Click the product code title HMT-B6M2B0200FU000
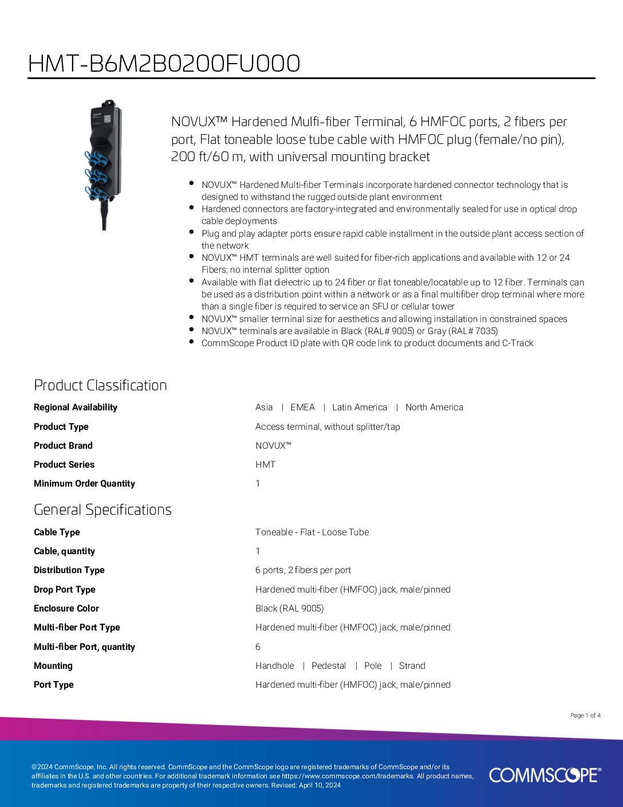click(164, 64)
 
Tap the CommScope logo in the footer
click(545, 775)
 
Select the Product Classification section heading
click(100, 385)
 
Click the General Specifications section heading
click(102, 510)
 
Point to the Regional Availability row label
click(75, 408)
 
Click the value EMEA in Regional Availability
click(302, 408)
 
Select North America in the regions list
click(434, 408)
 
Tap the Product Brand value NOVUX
click(273, 446)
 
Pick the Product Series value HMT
click(265, 465)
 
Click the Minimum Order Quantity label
click(84, 484)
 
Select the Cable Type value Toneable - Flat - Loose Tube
click(312, 532)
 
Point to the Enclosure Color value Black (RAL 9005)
click(289, 609)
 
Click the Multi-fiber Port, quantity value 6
click(258, 647)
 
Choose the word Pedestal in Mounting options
click(329, 666)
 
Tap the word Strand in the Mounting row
click(412, 666)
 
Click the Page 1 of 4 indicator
click(585, 715)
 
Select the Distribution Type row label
click(69, 570)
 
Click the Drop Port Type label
click(64, 590)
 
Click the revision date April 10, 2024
click(320, 785)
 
